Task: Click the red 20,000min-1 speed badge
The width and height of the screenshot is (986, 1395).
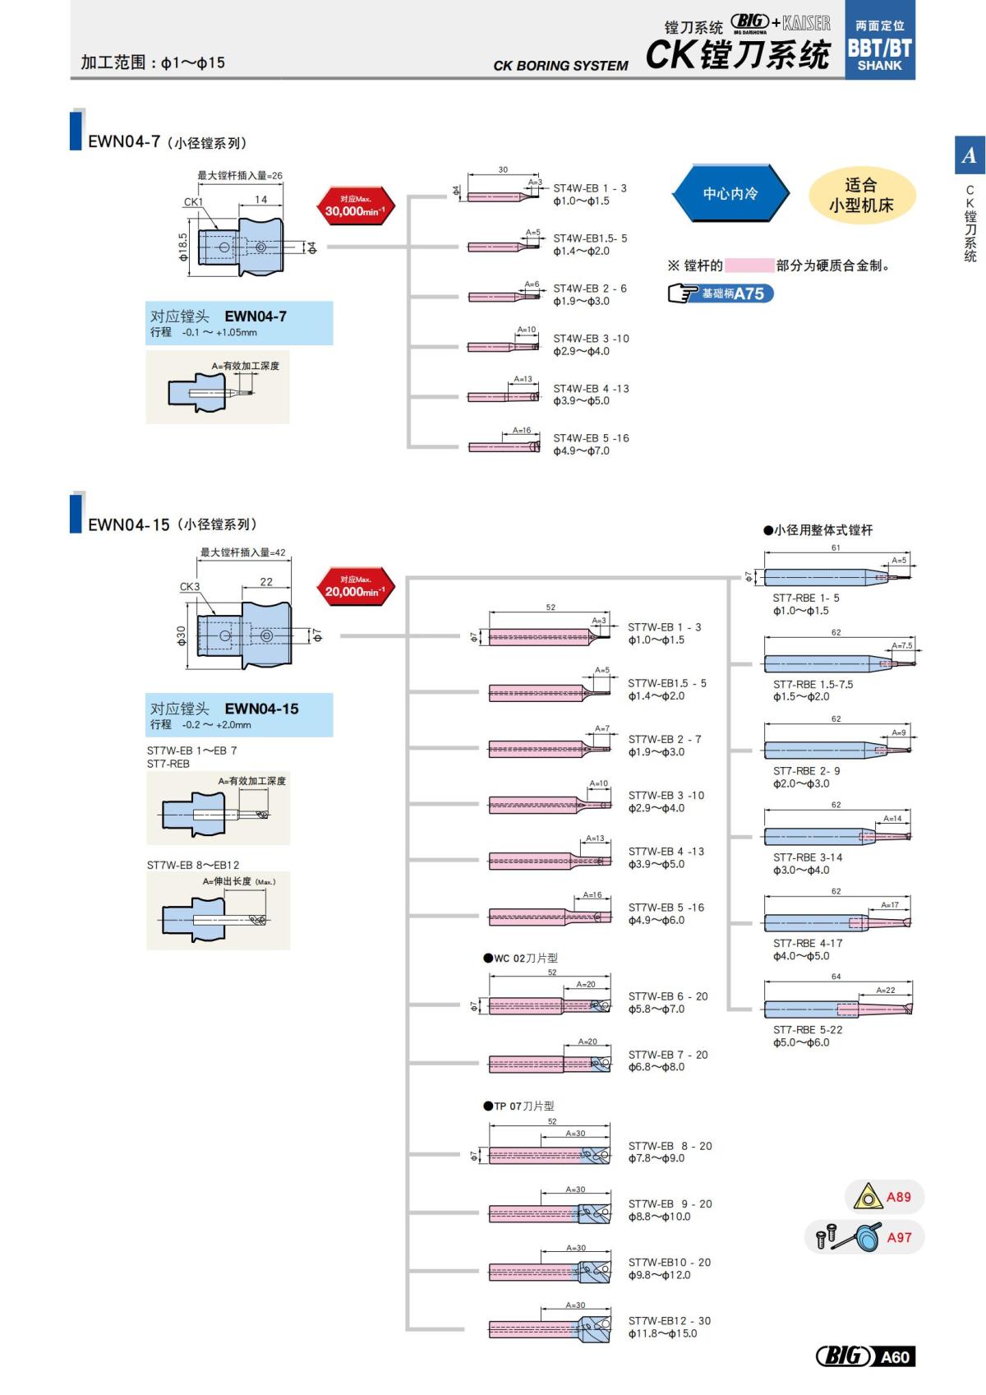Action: [355, 587]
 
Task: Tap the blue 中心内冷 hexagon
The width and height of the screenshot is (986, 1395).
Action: [730, 194]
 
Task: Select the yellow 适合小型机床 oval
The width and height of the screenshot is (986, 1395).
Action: [860, 196]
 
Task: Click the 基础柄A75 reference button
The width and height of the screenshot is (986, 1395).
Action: [721, 293]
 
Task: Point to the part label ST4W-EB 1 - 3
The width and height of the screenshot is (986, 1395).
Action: [589, 188]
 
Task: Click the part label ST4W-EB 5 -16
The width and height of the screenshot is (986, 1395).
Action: [591, 438]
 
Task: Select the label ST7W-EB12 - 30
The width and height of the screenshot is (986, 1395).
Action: [669, 1321]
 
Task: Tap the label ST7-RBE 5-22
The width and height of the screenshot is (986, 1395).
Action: [807, 1029]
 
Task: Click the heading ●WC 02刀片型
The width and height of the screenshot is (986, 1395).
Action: [521, 958]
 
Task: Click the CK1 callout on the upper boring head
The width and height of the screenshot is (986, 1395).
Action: [193, 201]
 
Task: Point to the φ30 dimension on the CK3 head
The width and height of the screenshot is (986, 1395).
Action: [181, 635]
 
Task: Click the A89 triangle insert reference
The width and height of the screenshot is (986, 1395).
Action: [883, 1197]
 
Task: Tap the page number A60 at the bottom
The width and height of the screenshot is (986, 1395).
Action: [894, 1356]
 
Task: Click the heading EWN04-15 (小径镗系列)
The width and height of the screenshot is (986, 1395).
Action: [173, 524]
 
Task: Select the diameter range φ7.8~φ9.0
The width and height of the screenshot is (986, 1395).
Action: [656, 1158]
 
